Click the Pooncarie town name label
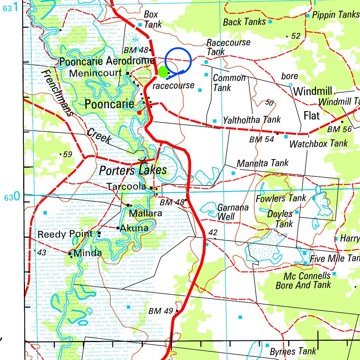click(x=109, y=104)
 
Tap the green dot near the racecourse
click(x=163, y=72)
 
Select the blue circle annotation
click(x=178, y=60)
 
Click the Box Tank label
click(x=153, y=19)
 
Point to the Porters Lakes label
click(x=133, y=171)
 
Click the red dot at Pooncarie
click(x=139, y=112)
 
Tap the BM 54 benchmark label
click(x=262, y=139)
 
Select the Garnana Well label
click(x=233, y=212)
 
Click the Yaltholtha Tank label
click(x=252, y=120)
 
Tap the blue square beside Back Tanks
click(x=270, y=22)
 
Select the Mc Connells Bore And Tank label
click(x=303, y=280)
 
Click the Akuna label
click(x=134, y=228)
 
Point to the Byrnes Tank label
click(x=293, y=351)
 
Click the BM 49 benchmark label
click(x=161, y=311)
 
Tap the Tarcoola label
click(x=126, y=187)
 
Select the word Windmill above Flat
click(x=313, y=92)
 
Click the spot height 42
click(x=213, y=232)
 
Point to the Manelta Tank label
click(x=262, y=163)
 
